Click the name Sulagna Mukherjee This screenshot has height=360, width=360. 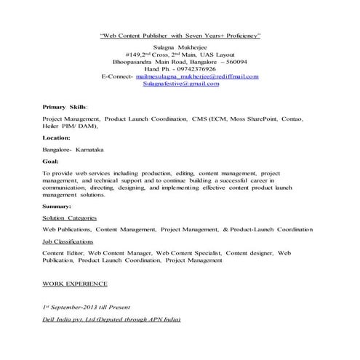tap(180, 46)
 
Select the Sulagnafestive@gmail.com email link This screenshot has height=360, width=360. tap(180, 84)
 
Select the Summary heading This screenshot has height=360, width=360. tap(57, 206)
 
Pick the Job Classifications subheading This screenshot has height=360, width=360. tap(68, 241)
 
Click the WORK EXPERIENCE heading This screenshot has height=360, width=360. tap(75, 282)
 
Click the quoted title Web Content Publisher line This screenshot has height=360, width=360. tap(180, 35)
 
